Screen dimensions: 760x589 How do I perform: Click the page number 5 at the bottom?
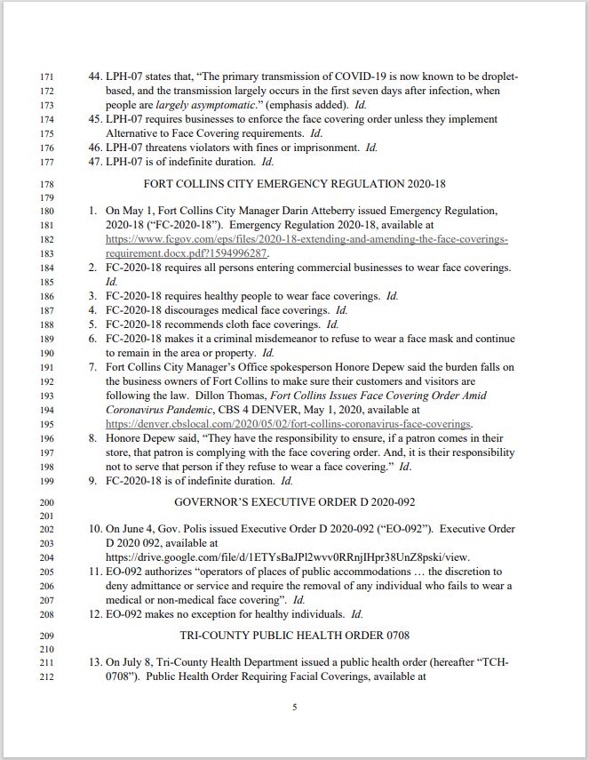click(294, 708)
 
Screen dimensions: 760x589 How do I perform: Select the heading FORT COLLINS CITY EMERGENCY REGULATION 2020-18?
click(294, 184)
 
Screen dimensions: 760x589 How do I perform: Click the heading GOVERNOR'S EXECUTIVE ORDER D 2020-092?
click(294, 502)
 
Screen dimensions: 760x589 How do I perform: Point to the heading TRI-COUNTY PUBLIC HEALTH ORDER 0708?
click(294, 636)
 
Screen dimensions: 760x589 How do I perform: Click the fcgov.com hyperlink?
click(306, 240)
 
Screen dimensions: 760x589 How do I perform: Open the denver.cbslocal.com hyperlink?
click(289, 424)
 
